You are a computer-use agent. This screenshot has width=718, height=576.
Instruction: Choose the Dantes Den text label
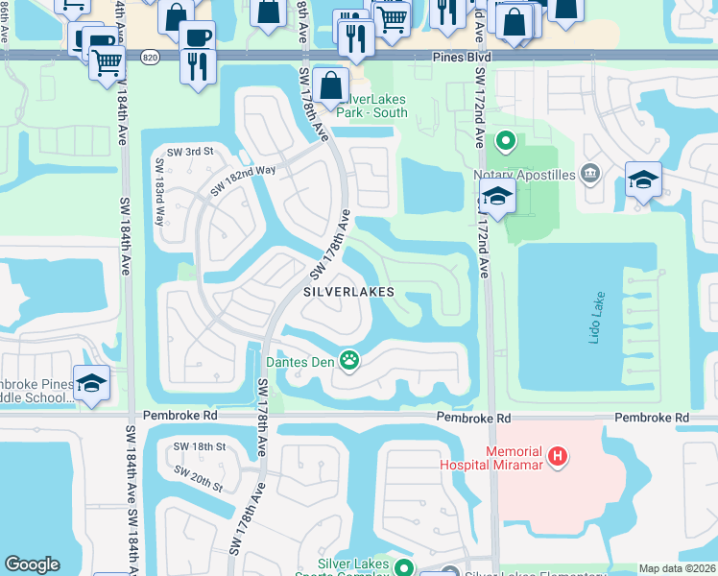pos(300,362)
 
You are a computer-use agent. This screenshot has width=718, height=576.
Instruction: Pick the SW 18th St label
pos(200,447)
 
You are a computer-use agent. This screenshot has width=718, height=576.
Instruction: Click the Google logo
pos(32,564)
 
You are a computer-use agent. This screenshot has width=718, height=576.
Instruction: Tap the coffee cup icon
pos(197,37)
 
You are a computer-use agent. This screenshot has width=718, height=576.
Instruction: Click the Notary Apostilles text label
pos(524,175)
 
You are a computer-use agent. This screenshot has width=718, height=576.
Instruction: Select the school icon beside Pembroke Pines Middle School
pos(91,383)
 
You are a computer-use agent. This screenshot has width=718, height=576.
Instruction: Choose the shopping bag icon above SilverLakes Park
pos(330,84)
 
